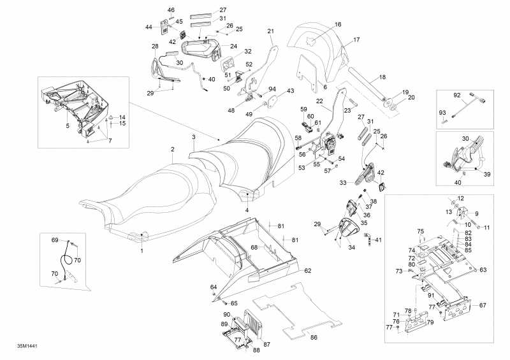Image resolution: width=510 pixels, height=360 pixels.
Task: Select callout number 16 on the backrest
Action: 338,24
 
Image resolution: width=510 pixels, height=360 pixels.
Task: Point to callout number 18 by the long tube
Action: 382,77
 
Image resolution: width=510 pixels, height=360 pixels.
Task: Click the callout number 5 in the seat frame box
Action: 67,126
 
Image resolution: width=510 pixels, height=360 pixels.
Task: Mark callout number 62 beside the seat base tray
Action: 307,271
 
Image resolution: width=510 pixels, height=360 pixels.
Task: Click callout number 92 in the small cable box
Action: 456,96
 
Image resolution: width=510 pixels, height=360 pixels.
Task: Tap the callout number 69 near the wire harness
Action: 55,240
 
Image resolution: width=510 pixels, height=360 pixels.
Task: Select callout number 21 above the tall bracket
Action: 270,31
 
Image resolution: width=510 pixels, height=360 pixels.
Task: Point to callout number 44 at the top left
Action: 149,27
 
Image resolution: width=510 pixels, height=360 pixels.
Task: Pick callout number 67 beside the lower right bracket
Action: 483,305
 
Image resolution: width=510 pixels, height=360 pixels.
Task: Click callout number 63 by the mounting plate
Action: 483,270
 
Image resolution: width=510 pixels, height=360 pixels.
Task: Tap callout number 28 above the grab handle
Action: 155,47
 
